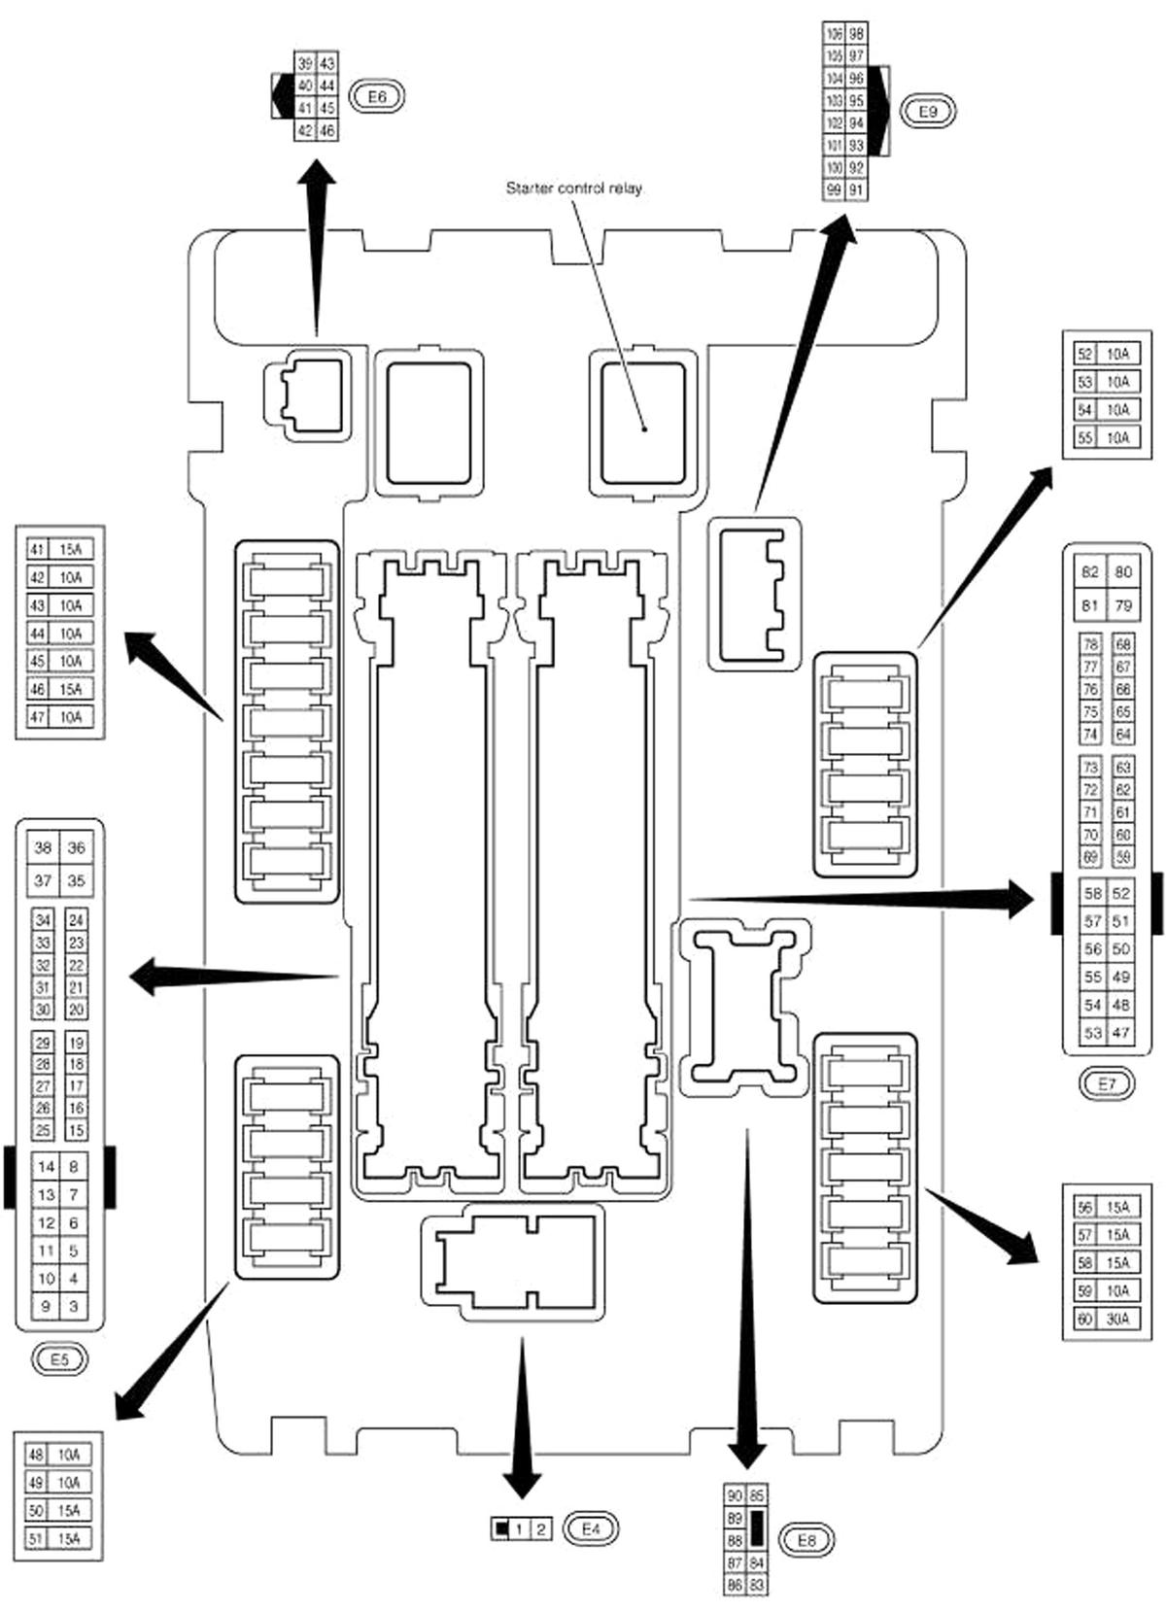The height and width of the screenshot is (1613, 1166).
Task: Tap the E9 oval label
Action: click(x=928, y=112)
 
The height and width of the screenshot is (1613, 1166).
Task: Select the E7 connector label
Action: click(x=1108, y=1083)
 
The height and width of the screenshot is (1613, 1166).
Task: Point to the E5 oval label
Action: click(x=59, y=1359)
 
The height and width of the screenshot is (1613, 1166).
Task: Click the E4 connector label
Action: click(x=592, y=1528)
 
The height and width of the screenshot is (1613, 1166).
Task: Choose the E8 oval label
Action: click(x=806, y=1539)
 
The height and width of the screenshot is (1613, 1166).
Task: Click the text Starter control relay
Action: click(x=573, y=189)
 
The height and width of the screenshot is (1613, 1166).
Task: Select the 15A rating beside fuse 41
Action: click(x=70, y=550)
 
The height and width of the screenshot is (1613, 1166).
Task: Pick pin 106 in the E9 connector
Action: click(x=834, y=34)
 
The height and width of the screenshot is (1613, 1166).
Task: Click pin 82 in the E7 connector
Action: click(x=1090, y=572)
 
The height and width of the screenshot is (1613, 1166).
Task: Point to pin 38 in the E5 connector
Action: click(x=43, y=847)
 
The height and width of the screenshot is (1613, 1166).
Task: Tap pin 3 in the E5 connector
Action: click(x=74, y=1306)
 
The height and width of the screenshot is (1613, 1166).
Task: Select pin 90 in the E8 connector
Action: click(x=735, y=1494)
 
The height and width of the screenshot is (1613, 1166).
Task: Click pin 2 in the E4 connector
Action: click(x=541, y=1529)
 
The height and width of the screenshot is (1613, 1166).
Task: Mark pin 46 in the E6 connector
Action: click(x=327, y=130)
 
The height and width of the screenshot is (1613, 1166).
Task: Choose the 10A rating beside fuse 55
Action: click(x=1117, y=438)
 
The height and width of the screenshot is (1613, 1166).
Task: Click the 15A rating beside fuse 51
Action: click(x=68, y=1538)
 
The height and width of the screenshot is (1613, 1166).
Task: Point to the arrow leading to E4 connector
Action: click(x=523, y=1419)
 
